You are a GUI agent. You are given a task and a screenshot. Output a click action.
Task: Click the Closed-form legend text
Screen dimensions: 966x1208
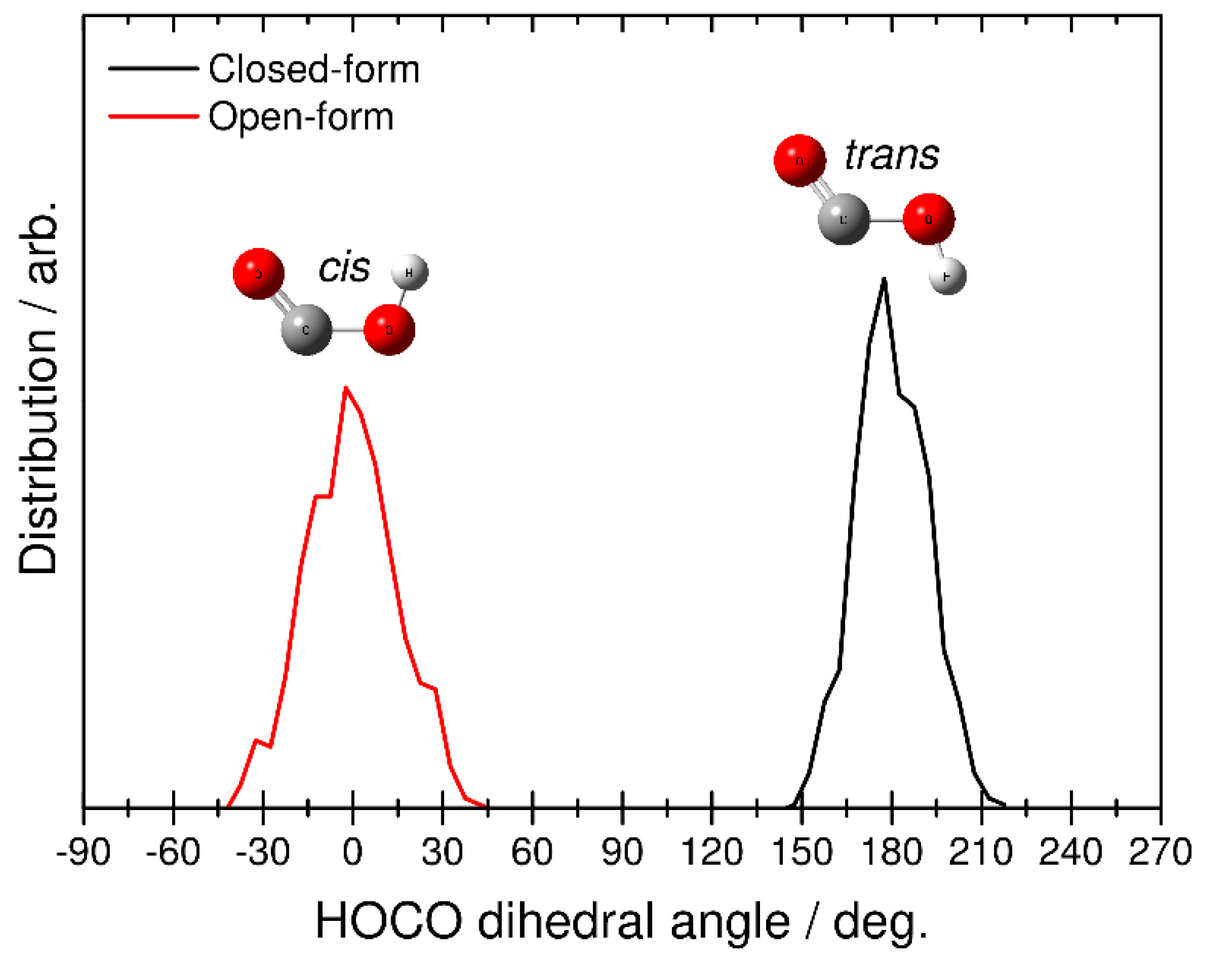tap(314, 70)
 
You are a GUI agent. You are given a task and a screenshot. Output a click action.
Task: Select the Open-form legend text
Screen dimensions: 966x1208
tap(301, 117)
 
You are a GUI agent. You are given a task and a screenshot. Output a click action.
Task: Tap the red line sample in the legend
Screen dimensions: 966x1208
tap(154, 116)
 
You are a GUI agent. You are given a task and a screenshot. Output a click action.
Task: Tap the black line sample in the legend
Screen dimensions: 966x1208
tap(154, 69)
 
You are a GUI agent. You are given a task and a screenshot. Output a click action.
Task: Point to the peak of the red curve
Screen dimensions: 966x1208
tap(345, 387)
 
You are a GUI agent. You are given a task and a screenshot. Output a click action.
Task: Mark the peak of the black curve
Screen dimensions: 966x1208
tap(884, 279)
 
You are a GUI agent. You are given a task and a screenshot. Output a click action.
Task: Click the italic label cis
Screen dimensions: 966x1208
tap(344, 268)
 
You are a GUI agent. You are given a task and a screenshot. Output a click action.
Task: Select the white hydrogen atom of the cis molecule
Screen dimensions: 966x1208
tap(410, 273)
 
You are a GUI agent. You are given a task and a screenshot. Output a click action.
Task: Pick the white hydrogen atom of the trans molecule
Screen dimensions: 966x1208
tap(947, 276)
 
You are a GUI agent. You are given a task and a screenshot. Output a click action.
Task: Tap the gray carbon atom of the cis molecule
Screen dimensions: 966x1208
tap(306, 329)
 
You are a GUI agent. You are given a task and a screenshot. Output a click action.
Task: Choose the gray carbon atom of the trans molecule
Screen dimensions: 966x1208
tap(844, 219)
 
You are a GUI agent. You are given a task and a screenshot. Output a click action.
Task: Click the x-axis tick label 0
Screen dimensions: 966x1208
tap(353, 852)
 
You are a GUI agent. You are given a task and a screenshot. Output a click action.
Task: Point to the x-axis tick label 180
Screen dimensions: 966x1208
tap(892, 852)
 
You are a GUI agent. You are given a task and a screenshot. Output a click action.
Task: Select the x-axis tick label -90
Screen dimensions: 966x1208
tap(84, 852)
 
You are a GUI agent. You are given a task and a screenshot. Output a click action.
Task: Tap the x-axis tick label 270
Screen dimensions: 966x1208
tap(1160, 852)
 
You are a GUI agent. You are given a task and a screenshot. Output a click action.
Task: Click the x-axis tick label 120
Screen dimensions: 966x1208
tap(712, 852)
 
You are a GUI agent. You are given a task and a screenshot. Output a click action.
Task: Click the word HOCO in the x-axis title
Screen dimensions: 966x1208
tap(389, 922)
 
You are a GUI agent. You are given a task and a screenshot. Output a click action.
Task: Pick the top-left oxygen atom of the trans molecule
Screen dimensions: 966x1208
tap(800, 160)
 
